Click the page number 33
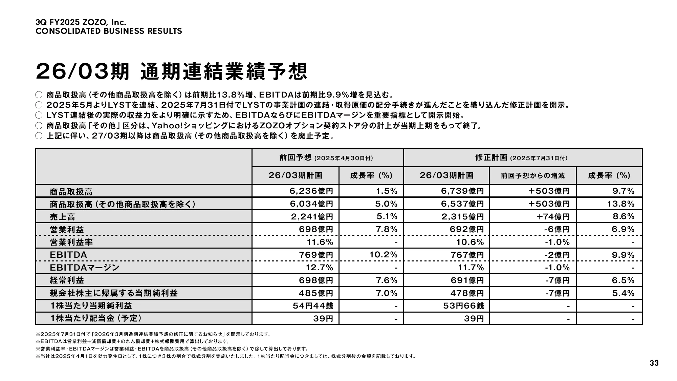pyautogui.click(x=654, y=363)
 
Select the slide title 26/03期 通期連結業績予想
pyautogui.click(x=171, y=71)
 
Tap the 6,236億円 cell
pyautogui.click(x=311, y=191)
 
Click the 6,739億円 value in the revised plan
pyautogui.click(x=462, y=191)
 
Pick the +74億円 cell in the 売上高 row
pyautogui.click(x=553, y=216)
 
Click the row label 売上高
pyautogui.click(x=62, y=217)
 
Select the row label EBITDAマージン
pyautogui.click(x=85, y=268)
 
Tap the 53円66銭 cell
pyautogui.click(x=463, y=306)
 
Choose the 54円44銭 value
pyautogui.click(x=313, y=306)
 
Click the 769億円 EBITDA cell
pyautogui.click(x=316, y=255)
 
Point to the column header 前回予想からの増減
pyautogui.click(x=532, y=175)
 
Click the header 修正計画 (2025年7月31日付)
pyautogui.click(x=521, y=157)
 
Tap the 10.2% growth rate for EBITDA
pyautogui.click(x=383, y=255)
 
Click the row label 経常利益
pyautogui.click(x=67, y=280)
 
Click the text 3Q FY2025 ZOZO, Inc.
pyautogui.click(x=81, y=22)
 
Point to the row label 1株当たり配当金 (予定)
pyautogui.click(x=96, y=318)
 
